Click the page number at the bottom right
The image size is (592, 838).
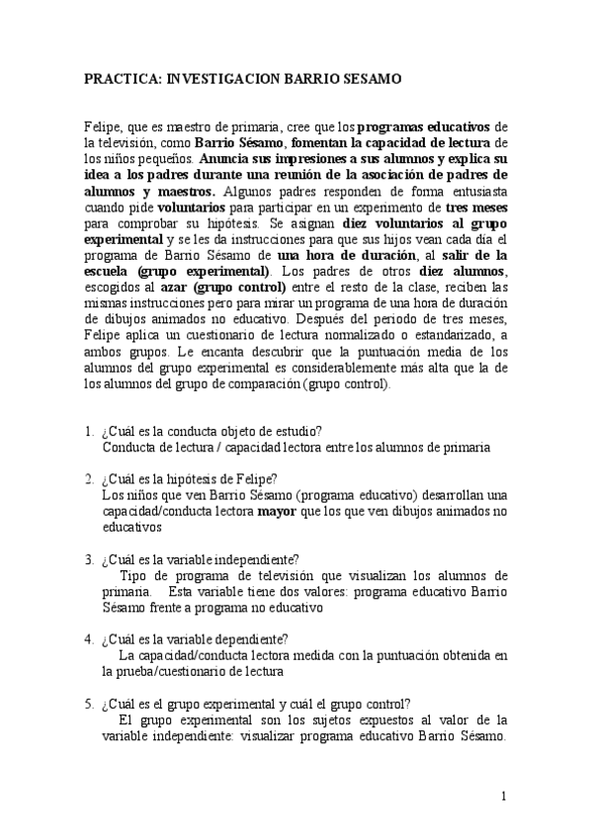[503, 796]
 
